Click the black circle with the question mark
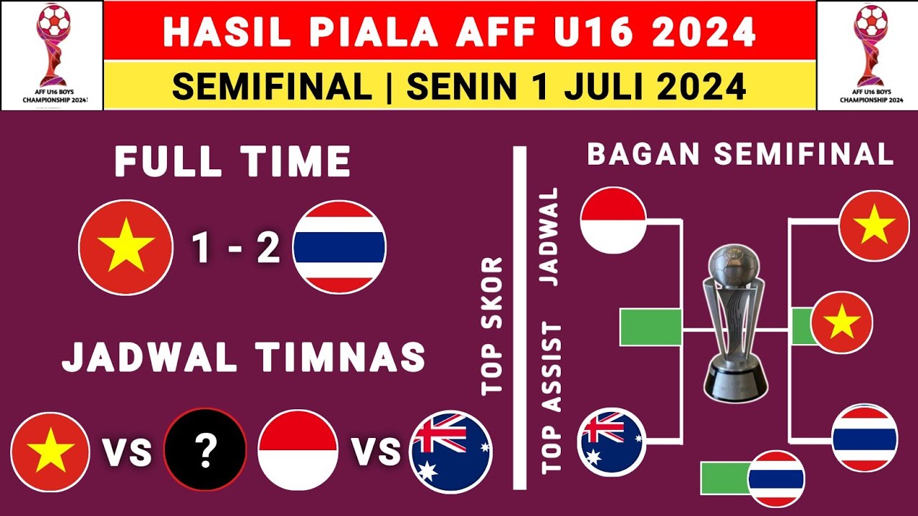pyautogui.click(x=205, y=449)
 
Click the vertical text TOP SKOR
pyautogui.click(x=493, y=326)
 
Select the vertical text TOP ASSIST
pyautogui.click(x=552, y=398)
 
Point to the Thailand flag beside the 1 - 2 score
pyautogui.click(x=340, y=247)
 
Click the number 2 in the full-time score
pyautogui.click(x=268, y=248)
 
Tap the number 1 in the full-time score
pyautogui.click(x=202, y=248)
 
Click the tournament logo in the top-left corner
pyautogui.click(x=52, y=55)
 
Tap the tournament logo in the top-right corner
pyautogui.click(x=868, y=55)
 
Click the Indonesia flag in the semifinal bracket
pyautogui.click(x=613, y=220)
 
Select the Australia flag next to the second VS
pyautogui.click(x=450, y=451)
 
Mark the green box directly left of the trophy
pyautogui.click(x=650, y=328)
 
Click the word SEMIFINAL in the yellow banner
pyautogui.click(x=272, y=87)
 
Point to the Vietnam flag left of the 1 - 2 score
pyautogui.click(x=126, y=247)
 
